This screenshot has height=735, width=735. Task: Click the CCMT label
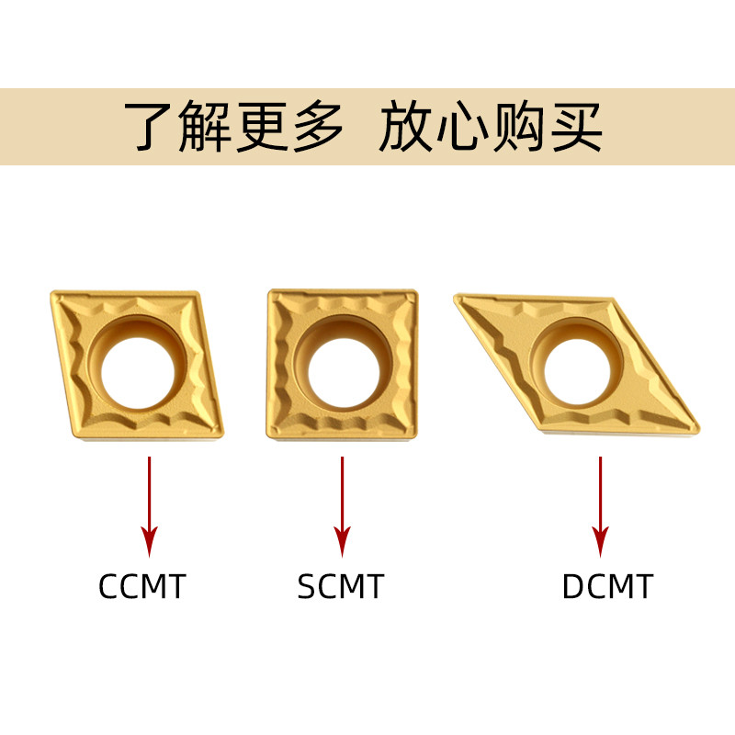tap(141, 585)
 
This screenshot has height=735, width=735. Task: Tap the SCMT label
tap(340, 585)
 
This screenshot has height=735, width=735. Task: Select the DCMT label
tap(607, 585)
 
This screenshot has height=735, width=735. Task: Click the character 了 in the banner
tap(152, 127)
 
